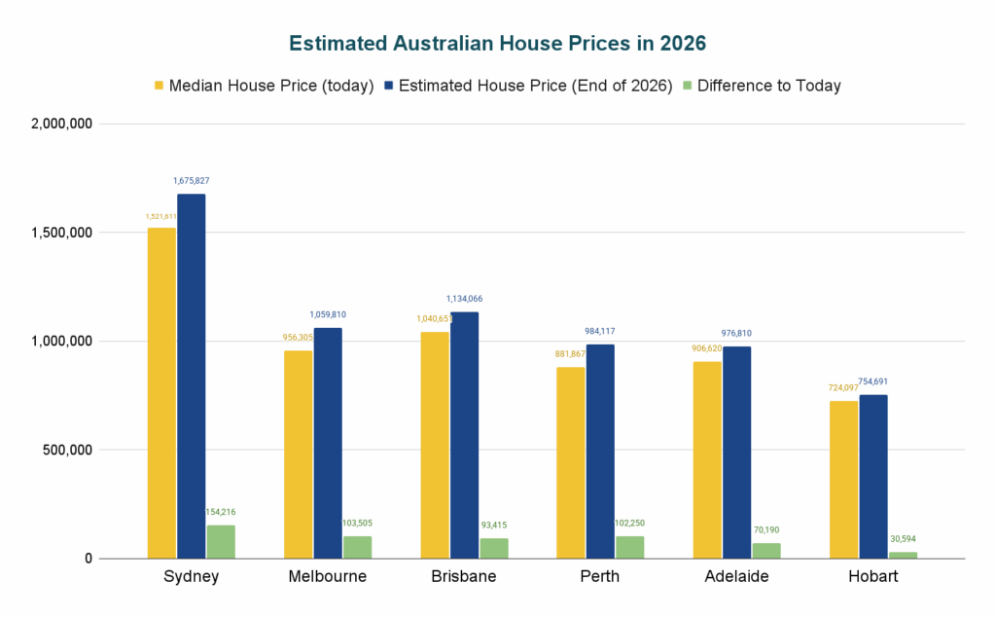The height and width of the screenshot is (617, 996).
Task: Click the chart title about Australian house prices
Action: [497, 44]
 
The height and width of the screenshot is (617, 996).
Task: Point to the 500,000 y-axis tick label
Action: [62, 451]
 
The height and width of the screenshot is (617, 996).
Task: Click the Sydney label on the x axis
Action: [191, 576]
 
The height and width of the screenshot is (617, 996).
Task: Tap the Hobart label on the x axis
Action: [872, 576]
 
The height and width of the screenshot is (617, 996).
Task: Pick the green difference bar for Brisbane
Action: [493, 548]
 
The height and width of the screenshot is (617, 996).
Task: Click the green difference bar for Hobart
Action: [903, 555]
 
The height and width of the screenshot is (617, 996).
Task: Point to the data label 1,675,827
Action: [192, 181]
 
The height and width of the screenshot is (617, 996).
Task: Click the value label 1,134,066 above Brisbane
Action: [464, 299]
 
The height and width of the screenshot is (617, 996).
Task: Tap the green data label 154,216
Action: [221, 512]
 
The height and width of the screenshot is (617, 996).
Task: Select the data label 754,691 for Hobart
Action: [872, 381]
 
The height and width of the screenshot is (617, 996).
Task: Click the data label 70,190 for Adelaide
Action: [765, 530]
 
